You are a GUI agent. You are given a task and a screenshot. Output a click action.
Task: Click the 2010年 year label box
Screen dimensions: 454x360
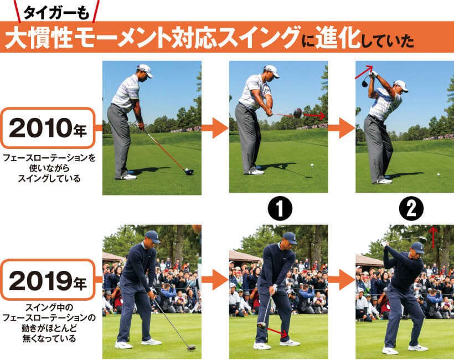(x=48, y=128)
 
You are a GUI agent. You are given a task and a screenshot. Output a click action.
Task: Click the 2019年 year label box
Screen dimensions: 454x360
(x=48, y=280)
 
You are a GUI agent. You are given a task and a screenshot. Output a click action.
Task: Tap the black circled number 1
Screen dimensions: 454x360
(x=280, y=209)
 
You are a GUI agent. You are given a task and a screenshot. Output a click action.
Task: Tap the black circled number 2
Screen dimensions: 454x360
(x=411, y=209)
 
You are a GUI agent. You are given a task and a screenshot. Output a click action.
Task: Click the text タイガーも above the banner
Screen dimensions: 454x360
(x=56, y=13)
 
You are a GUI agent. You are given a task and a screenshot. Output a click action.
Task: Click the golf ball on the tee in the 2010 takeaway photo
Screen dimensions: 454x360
(x=312, y=166)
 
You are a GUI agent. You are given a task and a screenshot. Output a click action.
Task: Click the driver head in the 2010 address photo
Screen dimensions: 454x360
(x=189, y=172)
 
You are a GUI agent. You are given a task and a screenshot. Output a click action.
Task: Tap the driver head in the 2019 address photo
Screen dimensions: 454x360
(x=192, y=347)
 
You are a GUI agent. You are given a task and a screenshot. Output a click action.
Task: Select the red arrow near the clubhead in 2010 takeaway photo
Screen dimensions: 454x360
(x=314, y=116)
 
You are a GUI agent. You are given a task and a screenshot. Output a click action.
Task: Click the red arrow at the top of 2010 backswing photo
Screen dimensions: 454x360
(x=364, y=72)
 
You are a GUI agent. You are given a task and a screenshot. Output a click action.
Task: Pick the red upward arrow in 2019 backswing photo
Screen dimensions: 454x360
(x=433, y=238)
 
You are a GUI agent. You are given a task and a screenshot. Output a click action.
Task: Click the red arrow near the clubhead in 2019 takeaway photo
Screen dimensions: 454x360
(x=277, y=332)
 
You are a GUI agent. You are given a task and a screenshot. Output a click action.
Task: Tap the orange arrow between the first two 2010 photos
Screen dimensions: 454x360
(x=215, y=128)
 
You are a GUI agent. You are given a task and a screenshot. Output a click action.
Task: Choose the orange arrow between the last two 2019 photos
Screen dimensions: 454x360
(x=342, y=280)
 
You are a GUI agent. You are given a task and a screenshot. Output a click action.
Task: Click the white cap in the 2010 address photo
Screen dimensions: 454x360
(x=146, y=70)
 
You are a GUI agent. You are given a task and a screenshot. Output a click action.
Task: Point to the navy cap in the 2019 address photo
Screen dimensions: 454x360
(x=152, y=236)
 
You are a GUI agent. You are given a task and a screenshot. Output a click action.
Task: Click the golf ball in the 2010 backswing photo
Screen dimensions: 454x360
(x=438, y=174)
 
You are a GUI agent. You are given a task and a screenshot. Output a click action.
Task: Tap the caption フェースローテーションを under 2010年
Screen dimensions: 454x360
(x=49, y=158)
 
